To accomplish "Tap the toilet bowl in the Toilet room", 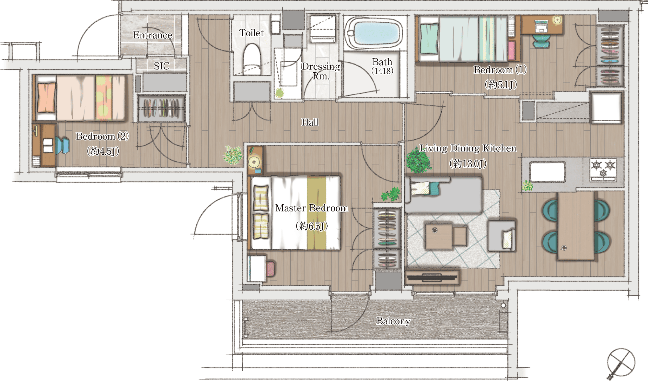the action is pos(252,59).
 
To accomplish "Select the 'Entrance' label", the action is pos(153,35).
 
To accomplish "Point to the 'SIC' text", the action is pos(162,66).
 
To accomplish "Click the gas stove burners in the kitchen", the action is pos(603,170).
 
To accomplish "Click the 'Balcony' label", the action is pos(393,321).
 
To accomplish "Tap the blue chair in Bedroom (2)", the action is pos(62,146).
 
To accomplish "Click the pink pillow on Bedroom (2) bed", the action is pos(46,98).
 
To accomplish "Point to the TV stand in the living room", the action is pos(433,277).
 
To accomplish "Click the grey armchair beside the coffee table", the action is pos(502,236).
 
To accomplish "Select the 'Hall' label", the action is pos(310,122).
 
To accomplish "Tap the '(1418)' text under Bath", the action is pos(382,71).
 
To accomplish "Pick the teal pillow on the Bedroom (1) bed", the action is pos(429,39).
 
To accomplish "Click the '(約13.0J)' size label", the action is pos(468,163).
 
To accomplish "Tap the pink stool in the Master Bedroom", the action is pos(271,269).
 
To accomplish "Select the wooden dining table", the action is pos(576,226).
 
